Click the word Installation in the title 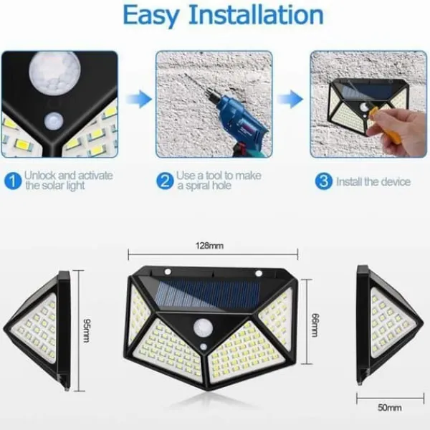(256, 14)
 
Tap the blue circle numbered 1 (13, 181)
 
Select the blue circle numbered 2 (165, 181)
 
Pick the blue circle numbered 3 (324, 181)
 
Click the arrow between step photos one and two (139, 99)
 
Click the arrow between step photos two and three (290, 99)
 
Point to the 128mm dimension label (209, 246)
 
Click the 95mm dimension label (87, 330)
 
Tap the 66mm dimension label (315, 325)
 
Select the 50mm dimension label (389, 408)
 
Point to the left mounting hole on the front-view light (168, 272)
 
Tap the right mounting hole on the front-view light (259, 273)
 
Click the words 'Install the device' (373, 181)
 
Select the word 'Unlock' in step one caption (40, 176)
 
